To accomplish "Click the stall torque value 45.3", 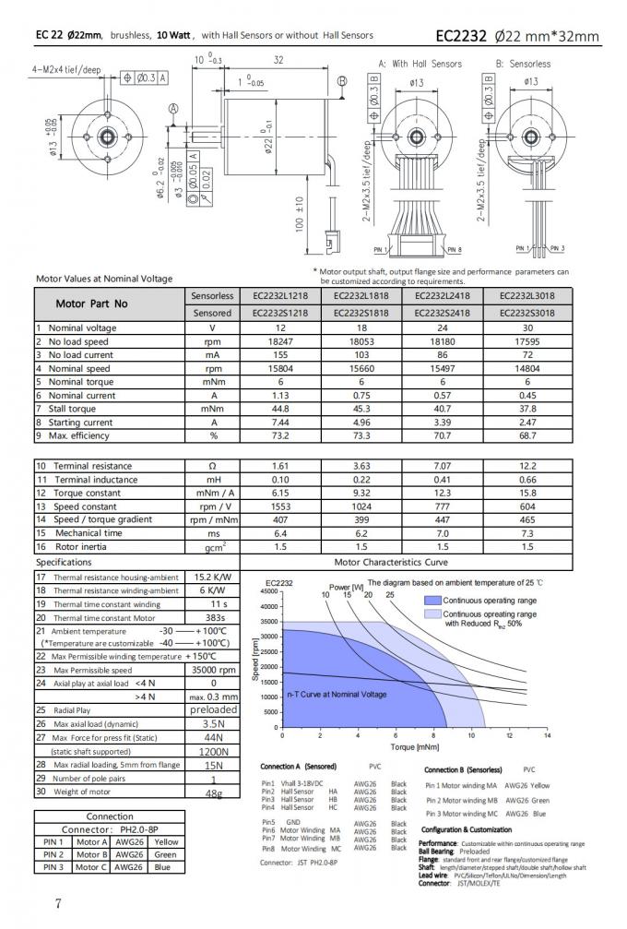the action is coord(359,409).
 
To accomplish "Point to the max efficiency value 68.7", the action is coord(526,435).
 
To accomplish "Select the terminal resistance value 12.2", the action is coord(526,467).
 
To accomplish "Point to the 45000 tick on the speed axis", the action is coord(269,591).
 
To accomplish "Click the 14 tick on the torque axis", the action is coord(547,735).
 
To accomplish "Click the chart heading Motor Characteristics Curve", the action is coord(404,561).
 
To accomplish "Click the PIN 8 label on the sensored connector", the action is coord(453,250).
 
